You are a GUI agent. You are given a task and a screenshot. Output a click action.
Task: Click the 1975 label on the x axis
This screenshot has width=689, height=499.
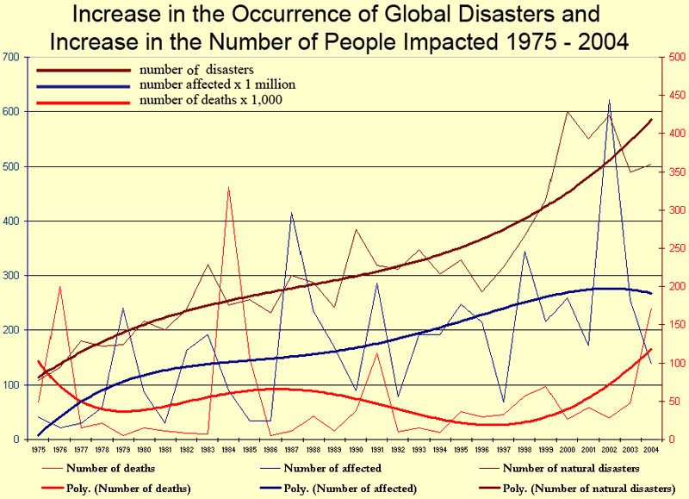pos(38,449)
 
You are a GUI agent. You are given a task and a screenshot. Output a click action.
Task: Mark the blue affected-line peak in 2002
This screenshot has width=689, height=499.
pos(609,101)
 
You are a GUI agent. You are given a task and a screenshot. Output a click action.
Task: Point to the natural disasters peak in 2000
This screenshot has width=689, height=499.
pos(567,112)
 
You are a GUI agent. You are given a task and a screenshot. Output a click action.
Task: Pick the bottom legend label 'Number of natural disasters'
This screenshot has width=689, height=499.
pos(570,468)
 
